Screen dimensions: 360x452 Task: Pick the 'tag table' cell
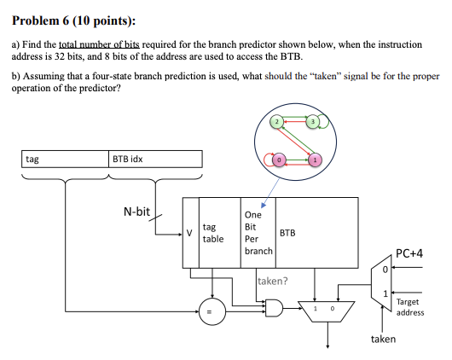point(213,233)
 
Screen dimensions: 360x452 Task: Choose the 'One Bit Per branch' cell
point(258,233)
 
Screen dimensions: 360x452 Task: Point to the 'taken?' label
point(273,280)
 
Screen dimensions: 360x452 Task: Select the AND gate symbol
point(274,307)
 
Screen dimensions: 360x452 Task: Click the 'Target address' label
point(410,307)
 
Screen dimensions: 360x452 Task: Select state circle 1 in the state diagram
point(314,160)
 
